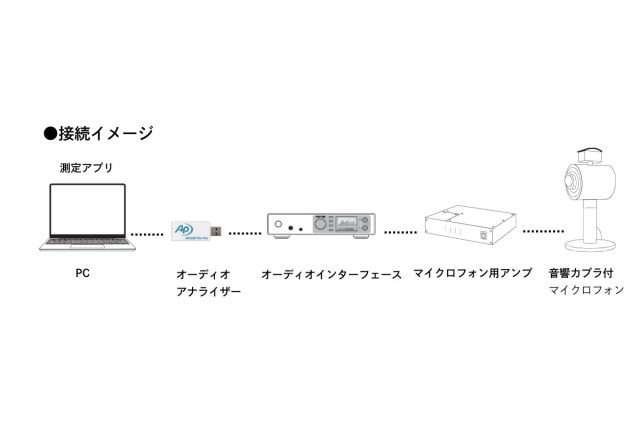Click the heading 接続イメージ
[x=105, y=133]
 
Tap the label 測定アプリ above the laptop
[x=86, y=168]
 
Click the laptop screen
[x=88, y=209]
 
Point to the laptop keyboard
[x=87, y=242]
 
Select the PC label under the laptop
[x=82, y=273]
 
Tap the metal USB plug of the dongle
[x=216, y=231]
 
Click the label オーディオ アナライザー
[x=208, y=283]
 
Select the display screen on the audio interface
[x=345, y=224]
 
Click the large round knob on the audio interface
[x=320, y=224]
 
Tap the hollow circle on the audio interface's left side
[x=278, y=224]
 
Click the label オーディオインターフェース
[x=331, y=274]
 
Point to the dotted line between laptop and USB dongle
[x=147, y=234]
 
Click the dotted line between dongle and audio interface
[x=245, y=234]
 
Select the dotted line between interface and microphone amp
[x=400, y=232]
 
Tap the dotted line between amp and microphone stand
[x=543, y=231]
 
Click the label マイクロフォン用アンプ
[x=473, y=273]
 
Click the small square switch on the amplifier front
[x=484, y=235]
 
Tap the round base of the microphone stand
[x=590, y=246]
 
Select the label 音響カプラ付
[x=581, y=273]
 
